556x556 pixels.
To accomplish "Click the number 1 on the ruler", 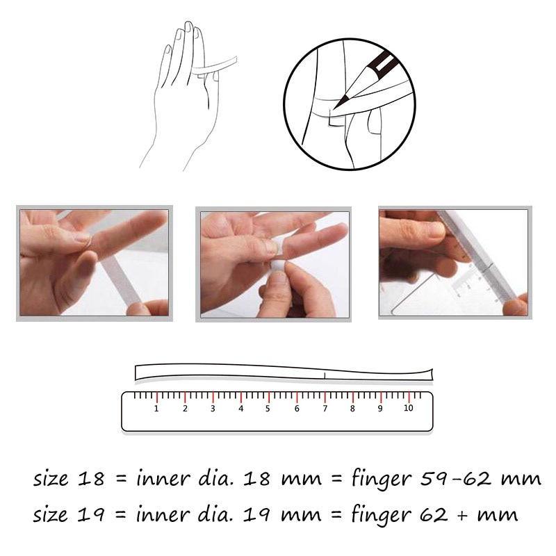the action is [x=156, y=409].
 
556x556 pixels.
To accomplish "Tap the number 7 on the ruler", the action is [x=325, y=409].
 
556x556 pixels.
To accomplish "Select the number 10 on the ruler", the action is [x=408, y=408].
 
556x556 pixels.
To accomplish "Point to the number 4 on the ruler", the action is [x=240, y=409].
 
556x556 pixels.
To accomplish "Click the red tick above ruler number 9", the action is [x=381, y=397].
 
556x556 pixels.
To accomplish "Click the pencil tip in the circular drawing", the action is [x=335, y=108].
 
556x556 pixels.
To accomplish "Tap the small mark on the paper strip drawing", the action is [x=325, y=375].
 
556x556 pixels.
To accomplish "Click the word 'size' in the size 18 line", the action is [x=50, y=479].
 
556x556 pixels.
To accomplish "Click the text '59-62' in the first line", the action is [x=457, y=479].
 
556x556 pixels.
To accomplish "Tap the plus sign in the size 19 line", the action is [x=461, y=516].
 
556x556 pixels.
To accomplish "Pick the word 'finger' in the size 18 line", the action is [x=382, y=480].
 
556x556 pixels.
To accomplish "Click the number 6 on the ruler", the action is [x=297, y=409].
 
